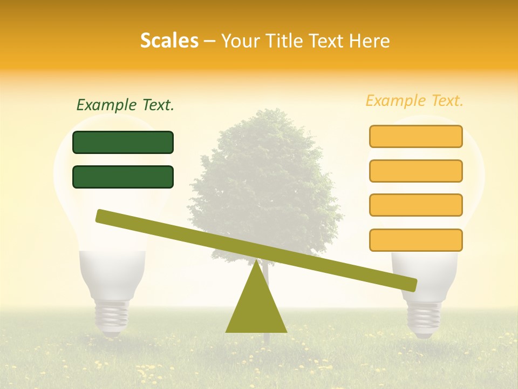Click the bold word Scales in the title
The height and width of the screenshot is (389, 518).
coord(169,41)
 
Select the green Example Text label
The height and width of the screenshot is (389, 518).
coord(125,105)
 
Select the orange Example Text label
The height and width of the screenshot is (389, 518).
coord(414,100)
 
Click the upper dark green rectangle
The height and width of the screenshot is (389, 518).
coord(123,142)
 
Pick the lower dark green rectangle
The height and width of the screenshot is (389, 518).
coord(123,177)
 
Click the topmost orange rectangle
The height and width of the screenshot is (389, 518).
coord(415,136)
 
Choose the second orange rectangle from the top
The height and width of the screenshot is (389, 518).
coord(415,171)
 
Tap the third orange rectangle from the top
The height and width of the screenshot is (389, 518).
coord(415,205)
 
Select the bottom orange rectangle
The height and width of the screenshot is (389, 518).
coord(415,240)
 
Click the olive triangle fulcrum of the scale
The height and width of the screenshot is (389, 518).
coord(256,308)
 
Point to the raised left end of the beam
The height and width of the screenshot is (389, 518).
coord(103,216)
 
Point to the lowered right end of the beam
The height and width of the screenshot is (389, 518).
coord(410,284)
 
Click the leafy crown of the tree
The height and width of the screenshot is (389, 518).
coord(264,173)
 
